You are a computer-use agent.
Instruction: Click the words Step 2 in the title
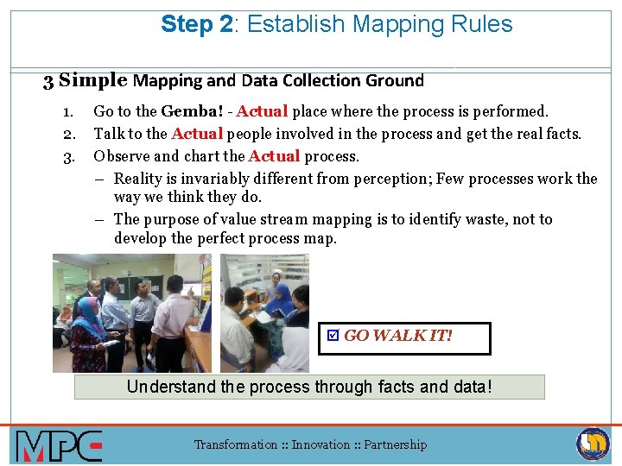coord(196,25)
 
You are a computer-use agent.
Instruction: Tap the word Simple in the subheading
coord(93,81)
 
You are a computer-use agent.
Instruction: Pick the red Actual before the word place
coord(263,111)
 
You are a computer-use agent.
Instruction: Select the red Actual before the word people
coord(197,134)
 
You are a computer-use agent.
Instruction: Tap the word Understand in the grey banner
coord(171,387)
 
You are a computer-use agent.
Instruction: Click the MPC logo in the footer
coord(59,445)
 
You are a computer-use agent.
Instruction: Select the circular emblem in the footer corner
coord(593,444)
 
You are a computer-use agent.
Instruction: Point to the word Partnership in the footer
coord(395,445)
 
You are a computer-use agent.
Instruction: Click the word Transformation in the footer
coord(236,445)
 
